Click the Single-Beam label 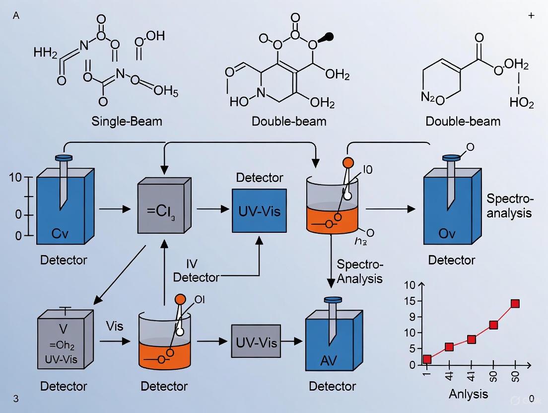click(x=127, y=121)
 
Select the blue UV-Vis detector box click(x=259, y=211)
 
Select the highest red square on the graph click(x=515, y=303)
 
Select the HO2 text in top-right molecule click(x=522, y=103)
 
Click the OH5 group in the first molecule click(x=165, y=91)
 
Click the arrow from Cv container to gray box click(x=115, y=210)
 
